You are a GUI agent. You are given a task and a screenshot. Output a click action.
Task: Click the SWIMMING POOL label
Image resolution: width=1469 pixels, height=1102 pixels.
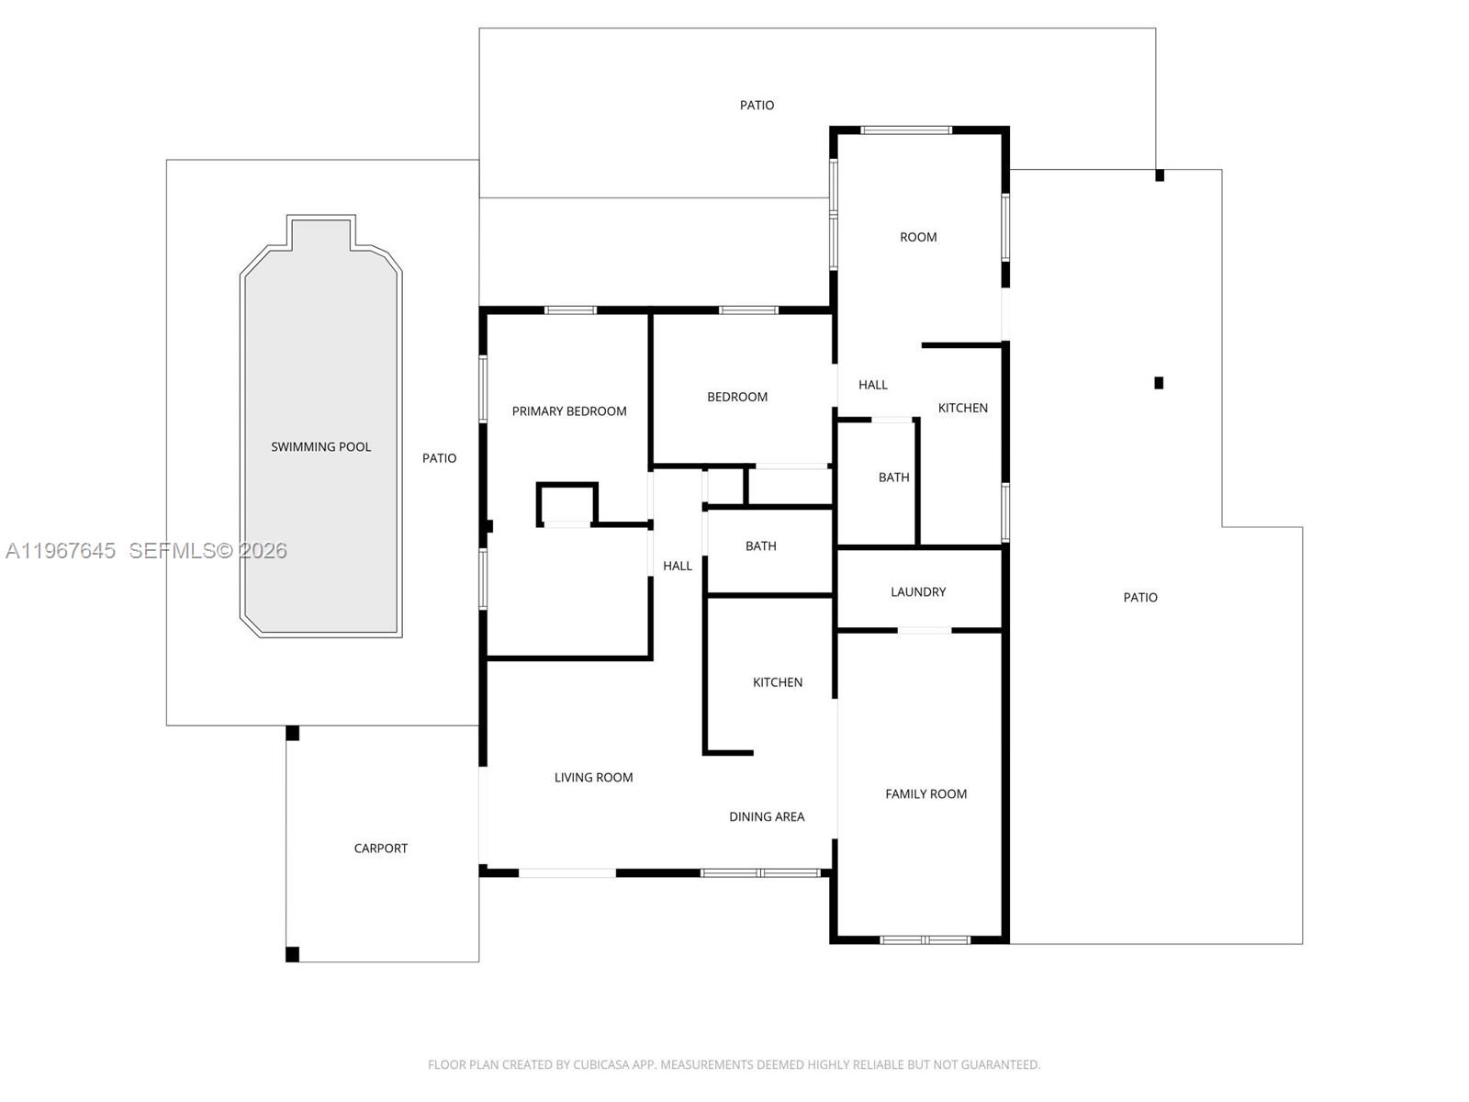320,447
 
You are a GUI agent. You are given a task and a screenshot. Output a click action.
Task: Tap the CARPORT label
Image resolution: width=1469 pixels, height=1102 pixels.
381,849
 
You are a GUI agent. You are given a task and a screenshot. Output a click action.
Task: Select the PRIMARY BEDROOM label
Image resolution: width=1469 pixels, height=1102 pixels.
569,411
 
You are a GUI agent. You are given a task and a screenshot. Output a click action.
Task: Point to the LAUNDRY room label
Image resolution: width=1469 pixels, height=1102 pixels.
918,592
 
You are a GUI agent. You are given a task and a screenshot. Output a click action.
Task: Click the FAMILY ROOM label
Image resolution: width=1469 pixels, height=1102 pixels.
926,794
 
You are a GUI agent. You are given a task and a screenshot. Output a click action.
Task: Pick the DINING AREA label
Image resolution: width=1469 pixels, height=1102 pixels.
767,817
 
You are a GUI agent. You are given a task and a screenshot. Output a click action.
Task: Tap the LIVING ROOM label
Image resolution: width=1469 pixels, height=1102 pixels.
594,778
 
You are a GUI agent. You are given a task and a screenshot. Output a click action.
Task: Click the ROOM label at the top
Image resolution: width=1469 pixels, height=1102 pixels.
918,238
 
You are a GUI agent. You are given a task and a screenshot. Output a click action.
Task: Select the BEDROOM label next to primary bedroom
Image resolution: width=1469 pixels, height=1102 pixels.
737,398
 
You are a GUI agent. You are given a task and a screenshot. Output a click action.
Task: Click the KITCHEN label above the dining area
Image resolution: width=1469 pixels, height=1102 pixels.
778,682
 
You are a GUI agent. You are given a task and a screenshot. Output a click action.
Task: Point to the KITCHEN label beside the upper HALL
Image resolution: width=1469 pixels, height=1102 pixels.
963,408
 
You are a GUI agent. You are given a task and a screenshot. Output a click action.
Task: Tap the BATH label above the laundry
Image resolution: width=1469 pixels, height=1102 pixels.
894,478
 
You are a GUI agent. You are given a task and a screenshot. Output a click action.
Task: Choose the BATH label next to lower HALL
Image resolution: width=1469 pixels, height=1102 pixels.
761,546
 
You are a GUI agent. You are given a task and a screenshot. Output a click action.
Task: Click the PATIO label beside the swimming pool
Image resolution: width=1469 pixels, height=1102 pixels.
439,458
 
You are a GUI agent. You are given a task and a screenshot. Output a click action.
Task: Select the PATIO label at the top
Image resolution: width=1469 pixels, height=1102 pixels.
757,105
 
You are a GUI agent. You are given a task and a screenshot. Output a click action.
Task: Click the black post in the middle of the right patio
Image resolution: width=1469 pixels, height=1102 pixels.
1160,383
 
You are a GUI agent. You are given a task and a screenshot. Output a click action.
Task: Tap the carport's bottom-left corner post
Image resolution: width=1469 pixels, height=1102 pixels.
293,955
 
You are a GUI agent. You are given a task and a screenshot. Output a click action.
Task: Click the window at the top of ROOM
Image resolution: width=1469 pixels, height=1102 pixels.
906,130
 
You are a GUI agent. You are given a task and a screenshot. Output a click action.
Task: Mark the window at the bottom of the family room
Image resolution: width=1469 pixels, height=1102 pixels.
925,940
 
